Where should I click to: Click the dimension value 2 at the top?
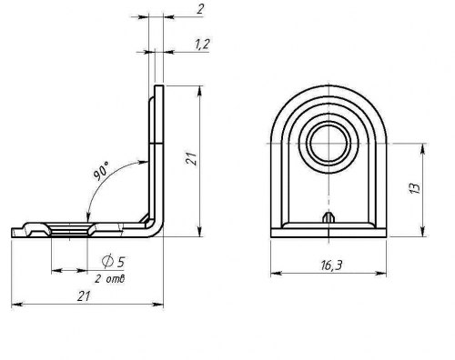click(x=198, y=10)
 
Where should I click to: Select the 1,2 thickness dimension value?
click(x=203, y=45)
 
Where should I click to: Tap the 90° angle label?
click(x=101, y=171)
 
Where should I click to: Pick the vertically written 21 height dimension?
click(x=192, y=161)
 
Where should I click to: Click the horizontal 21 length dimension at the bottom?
click(x=84, y=296)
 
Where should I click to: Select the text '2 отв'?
click(x=110, y=277)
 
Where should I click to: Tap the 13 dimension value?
click(x=415, y=189)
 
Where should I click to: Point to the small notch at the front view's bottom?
click(x=328, y=217)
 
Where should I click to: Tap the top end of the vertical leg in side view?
click(x=159, y=87)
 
